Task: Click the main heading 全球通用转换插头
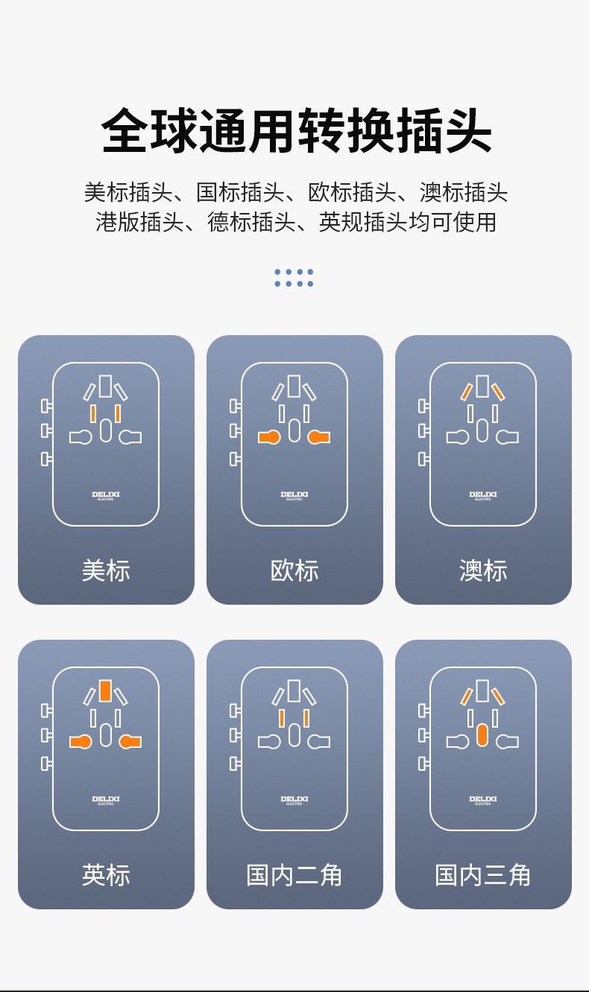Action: click(296, 130)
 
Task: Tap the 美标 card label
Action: click(106, 570)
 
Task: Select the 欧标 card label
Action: click(294, 570)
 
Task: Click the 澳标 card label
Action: click(483, 570)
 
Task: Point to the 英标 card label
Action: click(106, 874)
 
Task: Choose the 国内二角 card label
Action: click(294, 874)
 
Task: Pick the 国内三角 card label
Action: click(482, 874)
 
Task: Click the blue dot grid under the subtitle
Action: click(294, 278)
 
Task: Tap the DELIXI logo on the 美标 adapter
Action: click(106, 495)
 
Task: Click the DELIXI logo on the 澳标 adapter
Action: click(483, 495)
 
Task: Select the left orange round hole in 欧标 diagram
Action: click(269, 437)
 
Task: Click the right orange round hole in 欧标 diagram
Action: click(319, 437)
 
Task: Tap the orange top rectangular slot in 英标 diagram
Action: click(105, 690)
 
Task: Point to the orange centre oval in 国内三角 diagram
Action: click(482, 735)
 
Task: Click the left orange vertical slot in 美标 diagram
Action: click(93, 413)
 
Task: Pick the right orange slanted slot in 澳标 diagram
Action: click(498, 392)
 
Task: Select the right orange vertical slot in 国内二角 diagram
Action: click(306, 719)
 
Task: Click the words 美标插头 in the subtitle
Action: click(128, 192)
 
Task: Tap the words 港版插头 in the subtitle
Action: click(139, 222)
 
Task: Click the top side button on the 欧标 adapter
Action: click(235, 406)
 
